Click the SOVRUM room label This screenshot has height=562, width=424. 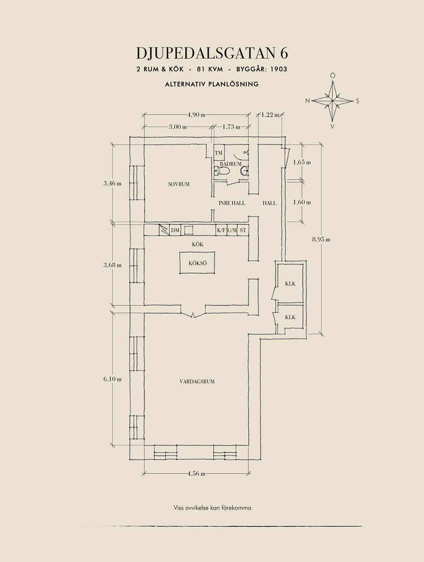pyautogui.click(x=179, y=184)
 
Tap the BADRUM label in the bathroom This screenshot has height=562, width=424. pyautogui.click(x=231, y=164)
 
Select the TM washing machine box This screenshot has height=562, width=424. pyautogui.click(x=219, y=153)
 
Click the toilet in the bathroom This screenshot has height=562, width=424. pyautogui.click(x=223, y=170)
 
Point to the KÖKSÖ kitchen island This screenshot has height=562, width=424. pyautogui.click(x=197, y=263)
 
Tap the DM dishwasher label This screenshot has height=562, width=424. pyautogui.click(x=175, y=231)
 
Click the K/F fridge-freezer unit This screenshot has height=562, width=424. pyautogui.click(x=221, y=230)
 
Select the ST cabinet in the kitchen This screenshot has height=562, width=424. pyautogui.click(x=243, y=230)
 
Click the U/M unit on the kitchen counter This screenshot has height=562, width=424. pyautogui.click(x=232, y=230)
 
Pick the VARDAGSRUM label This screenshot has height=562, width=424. pyautogui.click(x=197, y=389)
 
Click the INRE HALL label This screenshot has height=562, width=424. pyautogui.click(x=232, y=203)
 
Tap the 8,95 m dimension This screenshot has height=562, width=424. pyautogui.click(x=321, y=239)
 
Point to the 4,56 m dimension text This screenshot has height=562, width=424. pyautogui.click(x=196, y=474)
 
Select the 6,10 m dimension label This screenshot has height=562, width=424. pyautogui.click(x=112, y=379)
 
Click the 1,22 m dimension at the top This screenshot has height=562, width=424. pyautogui.click(x=270, y=115)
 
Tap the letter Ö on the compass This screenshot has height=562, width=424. pyautogui.click(x=332, y=76)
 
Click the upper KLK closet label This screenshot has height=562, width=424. pyautogui.click(x=290, y=284)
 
